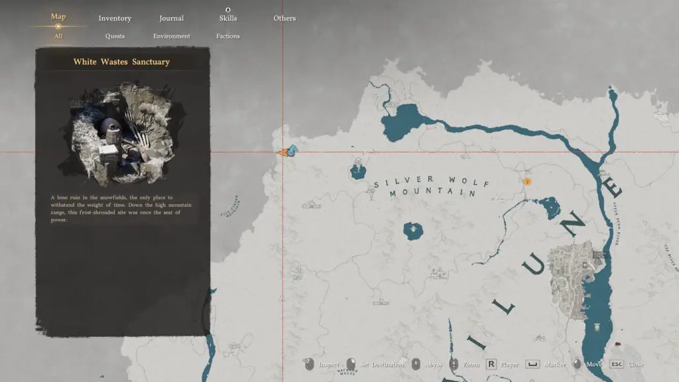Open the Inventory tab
pos(115,19)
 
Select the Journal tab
pos(171,19)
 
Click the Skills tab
pos(228,19)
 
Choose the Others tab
pos(284,19)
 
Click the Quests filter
pos(115,36)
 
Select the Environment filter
pos(172,36)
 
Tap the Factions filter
pos(228,36)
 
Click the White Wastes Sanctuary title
pos(121,62)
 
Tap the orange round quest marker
pos(528,180)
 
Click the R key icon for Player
pos(491,364)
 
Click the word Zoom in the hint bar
pos(471,364)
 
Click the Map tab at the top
pos(58,17)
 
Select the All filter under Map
pos(58,36)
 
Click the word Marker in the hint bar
pos(556,364)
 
